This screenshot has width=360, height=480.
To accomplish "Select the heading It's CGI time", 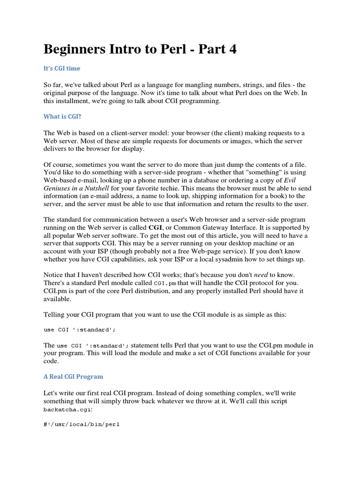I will pos(62,68).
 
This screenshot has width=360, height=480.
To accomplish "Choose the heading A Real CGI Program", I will pos(73,376).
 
